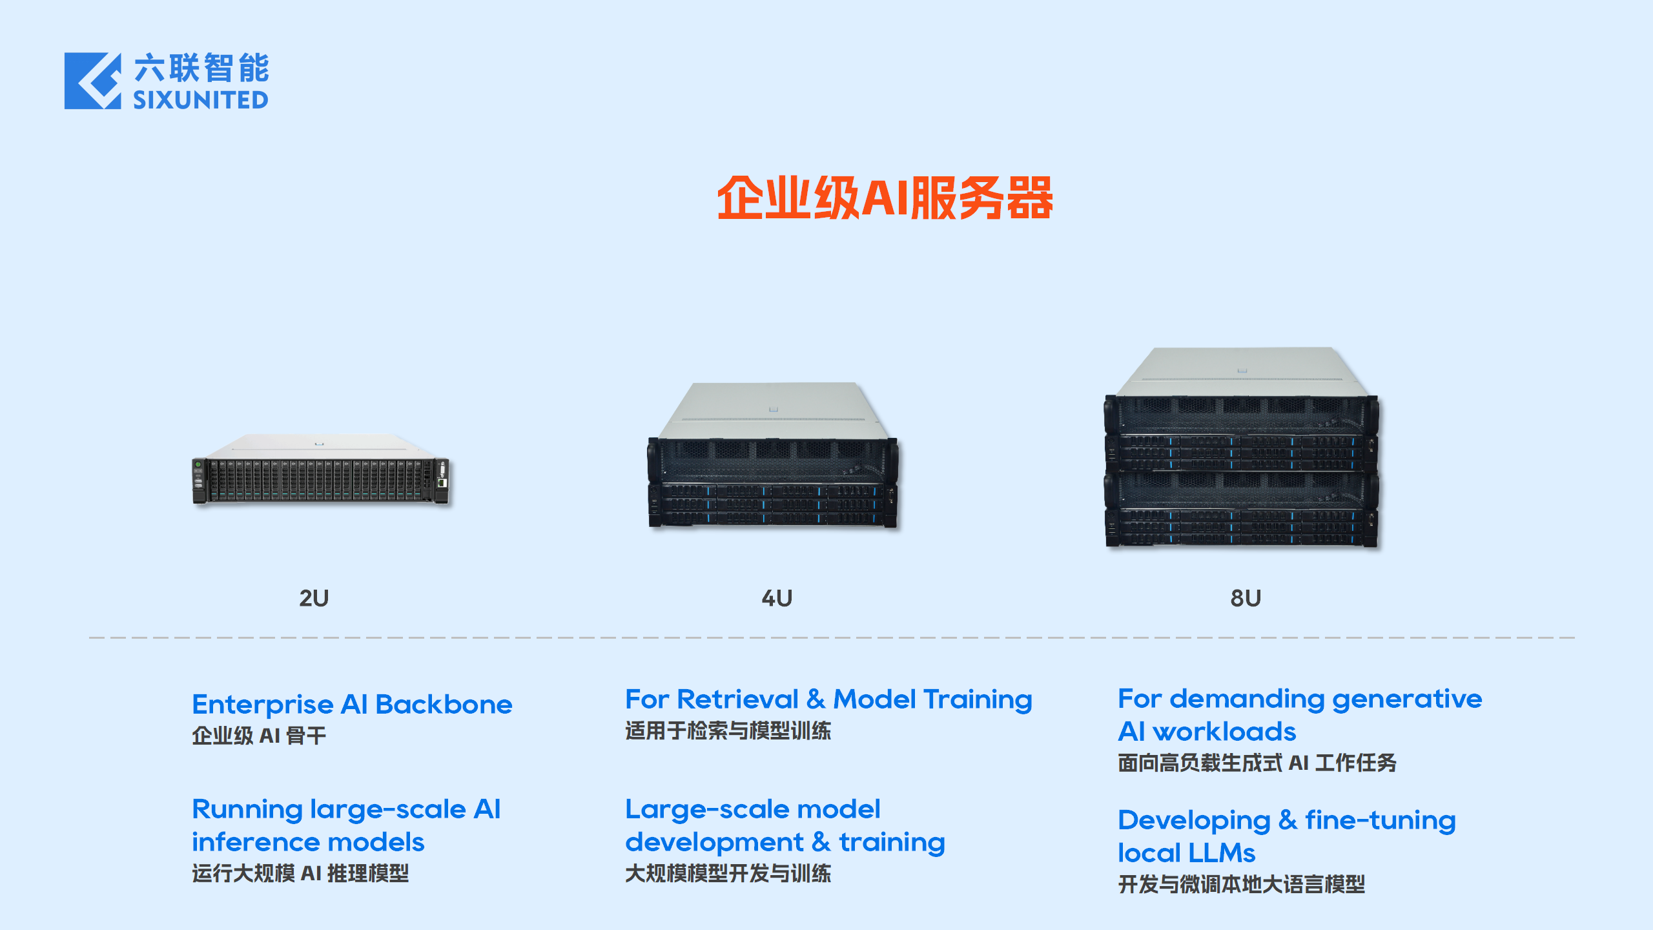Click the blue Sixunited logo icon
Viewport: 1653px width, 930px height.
(x=92, y=81)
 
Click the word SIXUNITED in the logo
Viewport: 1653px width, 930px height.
(x=201, y=100)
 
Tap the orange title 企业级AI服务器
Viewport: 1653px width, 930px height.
(x=885, y=198)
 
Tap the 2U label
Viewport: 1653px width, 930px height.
(x=314, y=598)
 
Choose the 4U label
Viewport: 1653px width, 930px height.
(x=777, y=598)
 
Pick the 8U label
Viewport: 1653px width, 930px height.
(x=1246, y=598)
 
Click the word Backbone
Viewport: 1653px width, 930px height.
(x=444, y=705)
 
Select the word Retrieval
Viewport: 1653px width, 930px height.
(x=738, y=699)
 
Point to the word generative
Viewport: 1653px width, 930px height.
(x=1407, y=699)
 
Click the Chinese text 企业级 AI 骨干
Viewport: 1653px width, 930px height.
(x=259, y=736)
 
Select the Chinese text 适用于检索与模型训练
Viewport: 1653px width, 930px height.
(x=728, y=731)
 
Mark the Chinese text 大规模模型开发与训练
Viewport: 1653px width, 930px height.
(x=728, y=874)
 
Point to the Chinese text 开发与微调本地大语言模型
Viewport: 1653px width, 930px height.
(x=1241, y=884)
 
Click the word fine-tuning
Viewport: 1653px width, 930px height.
(x=1380, y=820)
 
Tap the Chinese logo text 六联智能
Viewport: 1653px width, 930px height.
(x=201, y=68)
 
